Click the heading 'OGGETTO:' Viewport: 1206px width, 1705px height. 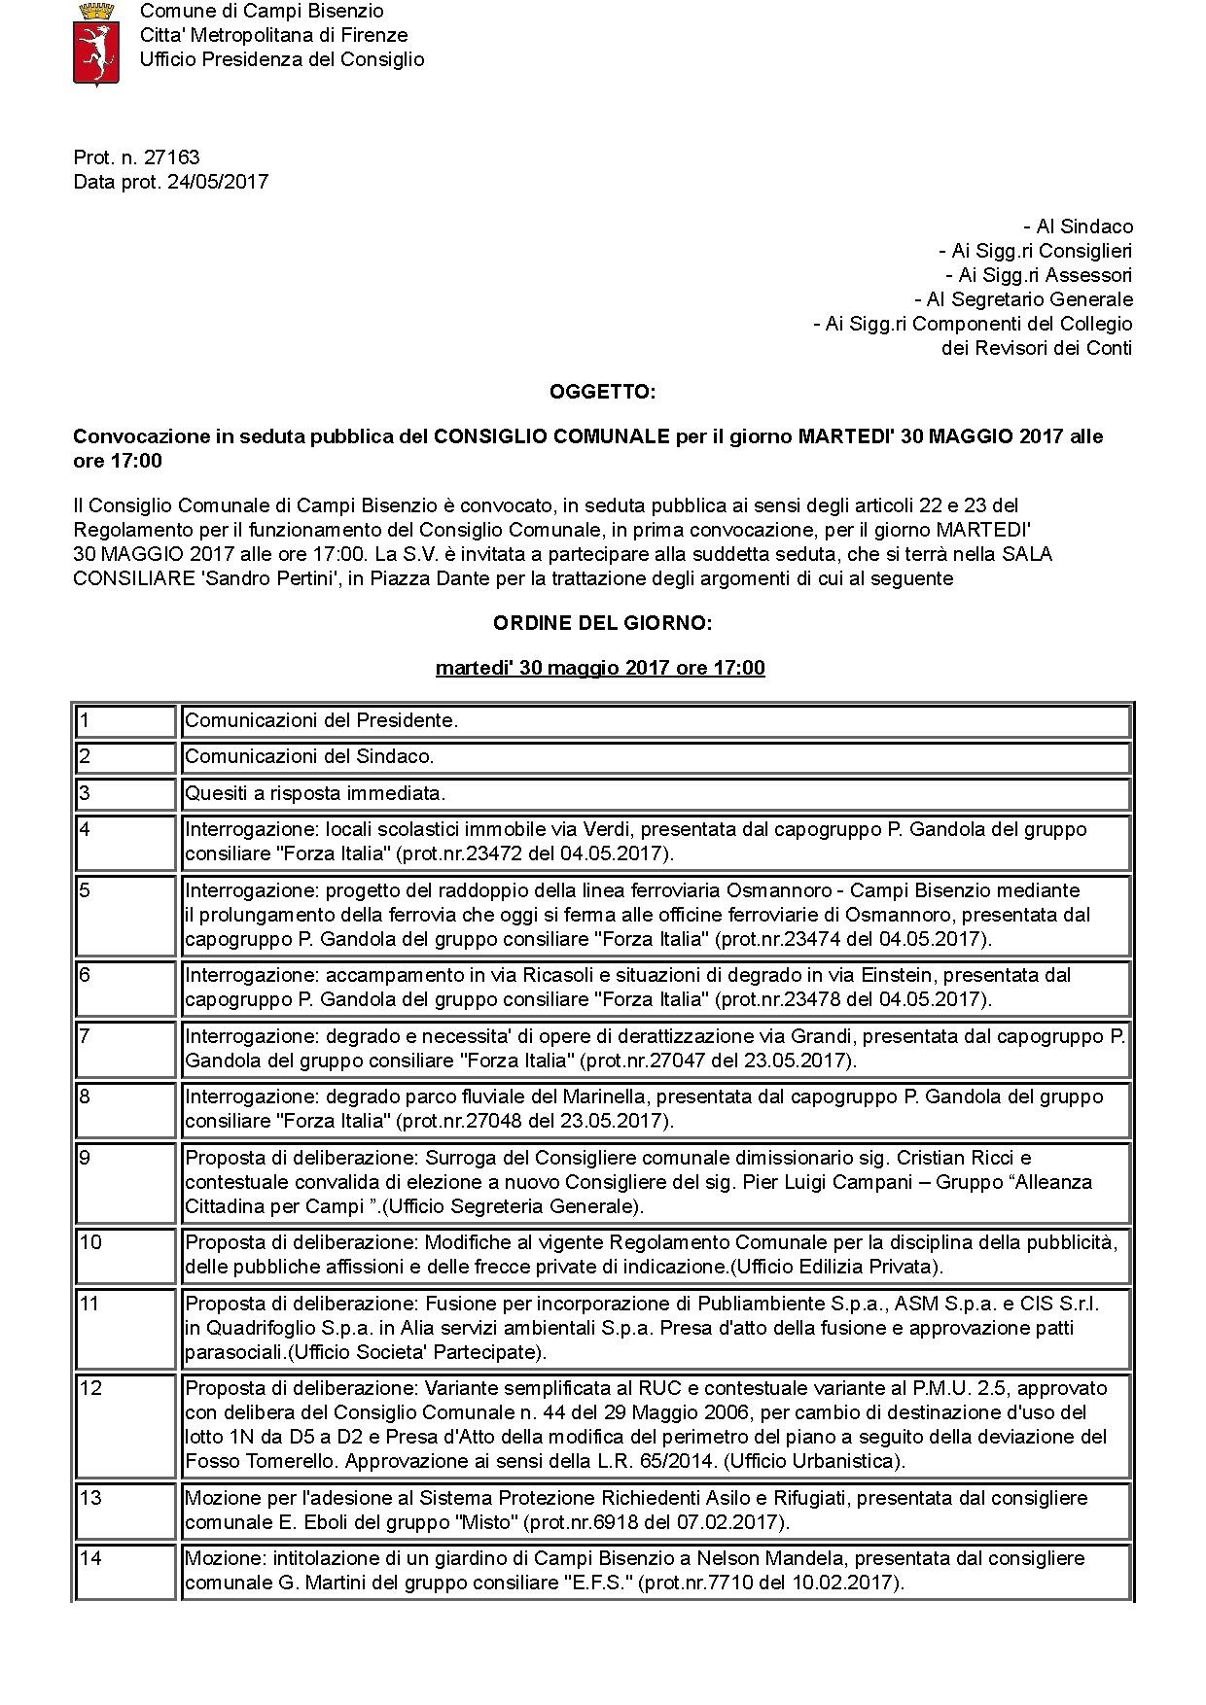click(x=602, y=392)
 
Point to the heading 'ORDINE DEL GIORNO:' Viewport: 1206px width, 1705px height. click(x=602, y=623)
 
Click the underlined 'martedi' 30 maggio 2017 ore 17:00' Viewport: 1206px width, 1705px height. click(x=600, y=668)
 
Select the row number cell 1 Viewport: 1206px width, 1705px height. click(x=125, y=721)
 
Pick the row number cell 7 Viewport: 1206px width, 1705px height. click(x=125, y=1047)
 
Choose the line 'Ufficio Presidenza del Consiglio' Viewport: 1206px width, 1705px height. click(x=282, y=59)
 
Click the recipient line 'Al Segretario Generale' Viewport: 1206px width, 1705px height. click(x=1023, y=299)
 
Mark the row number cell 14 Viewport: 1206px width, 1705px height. click(x=125, y=1571)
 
